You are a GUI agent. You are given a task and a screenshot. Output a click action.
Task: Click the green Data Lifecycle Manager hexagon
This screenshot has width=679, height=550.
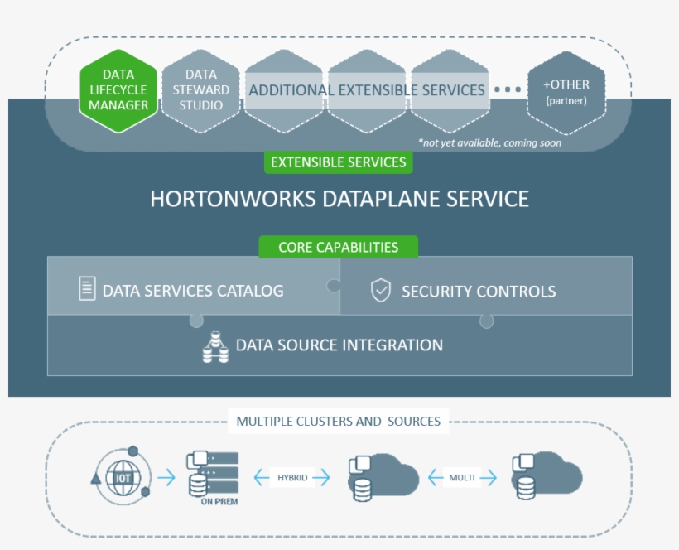coord(119,89)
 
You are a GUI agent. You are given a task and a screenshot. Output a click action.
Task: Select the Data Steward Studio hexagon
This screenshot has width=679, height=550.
coord(201,89)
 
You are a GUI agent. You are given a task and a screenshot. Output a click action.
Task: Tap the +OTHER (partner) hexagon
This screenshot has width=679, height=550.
coord(566,91)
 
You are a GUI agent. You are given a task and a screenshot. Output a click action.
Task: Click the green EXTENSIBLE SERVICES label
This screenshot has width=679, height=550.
coord(338,162)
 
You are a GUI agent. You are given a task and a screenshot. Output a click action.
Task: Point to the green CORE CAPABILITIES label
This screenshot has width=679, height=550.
coord(338,247)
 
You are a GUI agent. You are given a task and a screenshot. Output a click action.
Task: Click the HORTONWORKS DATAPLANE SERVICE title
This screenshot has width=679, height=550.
coord(339,199)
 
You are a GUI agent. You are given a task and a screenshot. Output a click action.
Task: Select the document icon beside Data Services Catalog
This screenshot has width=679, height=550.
coord(87,289)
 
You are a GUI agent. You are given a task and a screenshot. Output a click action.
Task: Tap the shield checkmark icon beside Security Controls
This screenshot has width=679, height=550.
coord(380,290)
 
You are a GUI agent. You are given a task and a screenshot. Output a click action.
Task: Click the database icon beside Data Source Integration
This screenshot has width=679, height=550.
coord(215,346)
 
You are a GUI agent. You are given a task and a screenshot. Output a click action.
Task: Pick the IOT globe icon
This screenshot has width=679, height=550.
coord(123,477)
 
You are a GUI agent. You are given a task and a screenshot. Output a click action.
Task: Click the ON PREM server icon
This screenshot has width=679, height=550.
coord(213,475)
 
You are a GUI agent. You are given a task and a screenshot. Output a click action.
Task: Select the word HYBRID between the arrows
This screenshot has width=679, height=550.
coord(291,478)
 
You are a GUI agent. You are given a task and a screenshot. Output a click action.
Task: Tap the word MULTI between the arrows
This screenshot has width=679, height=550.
coord(461,478)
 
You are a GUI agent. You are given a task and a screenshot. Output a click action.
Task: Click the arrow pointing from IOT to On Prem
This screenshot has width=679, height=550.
coord(166,478)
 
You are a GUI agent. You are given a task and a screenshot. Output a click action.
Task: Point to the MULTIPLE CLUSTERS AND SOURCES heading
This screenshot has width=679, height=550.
coord(338,421)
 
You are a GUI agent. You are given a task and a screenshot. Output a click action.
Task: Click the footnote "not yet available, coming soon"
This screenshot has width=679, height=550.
coord(489,142)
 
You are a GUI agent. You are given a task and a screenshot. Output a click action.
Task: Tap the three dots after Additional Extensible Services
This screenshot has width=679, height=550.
coord(508,89)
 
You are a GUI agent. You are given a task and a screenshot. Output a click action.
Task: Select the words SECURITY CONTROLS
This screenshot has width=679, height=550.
coord(479,291)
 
